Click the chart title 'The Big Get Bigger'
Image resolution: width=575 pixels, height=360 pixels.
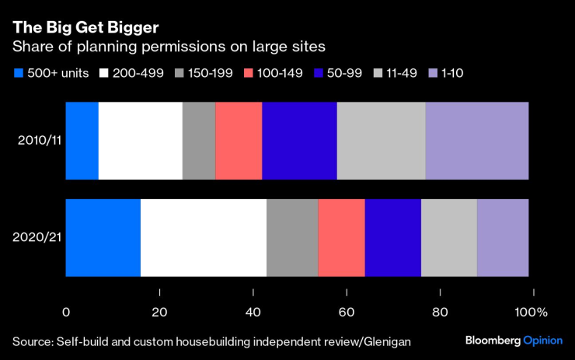[85, 27]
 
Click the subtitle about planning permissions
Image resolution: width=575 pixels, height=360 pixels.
[167, 47]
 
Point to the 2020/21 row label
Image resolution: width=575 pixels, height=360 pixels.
[37, 237]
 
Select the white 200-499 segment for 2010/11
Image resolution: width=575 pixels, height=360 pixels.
[141, 141]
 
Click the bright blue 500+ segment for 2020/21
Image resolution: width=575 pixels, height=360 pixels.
[103, 237]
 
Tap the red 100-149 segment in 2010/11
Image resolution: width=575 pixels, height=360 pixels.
[239, 141]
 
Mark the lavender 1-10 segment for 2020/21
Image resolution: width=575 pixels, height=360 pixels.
[503, 237]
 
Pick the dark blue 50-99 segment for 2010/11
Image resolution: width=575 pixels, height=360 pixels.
[299, 141]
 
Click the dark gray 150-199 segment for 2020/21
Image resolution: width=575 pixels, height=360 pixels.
[292, 237]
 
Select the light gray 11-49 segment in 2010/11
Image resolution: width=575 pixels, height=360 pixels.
[381, 141]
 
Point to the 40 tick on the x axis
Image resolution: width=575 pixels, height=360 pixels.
[253, 312]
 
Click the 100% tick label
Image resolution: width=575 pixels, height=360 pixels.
[531, 312]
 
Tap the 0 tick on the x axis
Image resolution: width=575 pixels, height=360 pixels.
[66, 312]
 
